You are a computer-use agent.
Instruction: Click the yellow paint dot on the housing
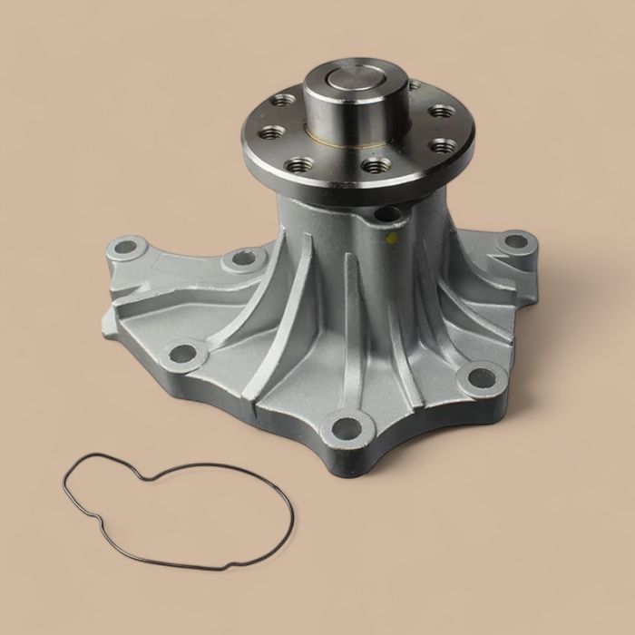[391, 239]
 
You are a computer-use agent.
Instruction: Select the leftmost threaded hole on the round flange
[270, 132]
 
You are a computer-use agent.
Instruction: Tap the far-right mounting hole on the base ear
[514, 242]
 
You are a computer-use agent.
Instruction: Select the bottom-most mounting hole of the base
[347, 425]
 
